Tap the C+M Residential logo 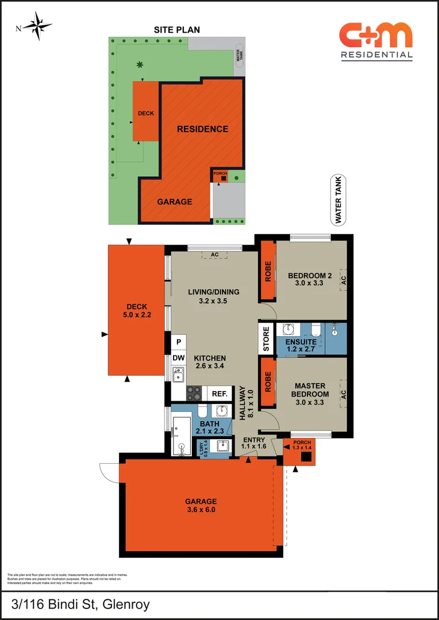coord(376,41)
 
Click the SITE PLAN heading coord(177,30)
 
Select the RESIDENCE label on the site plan coord(202,129)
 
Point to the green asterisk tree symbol coord(139,65)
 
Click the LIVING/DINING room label coord(214,296)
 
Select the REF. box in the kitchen coord(219,394)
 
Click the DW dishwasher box coord(179,358)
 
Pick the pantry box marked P coord(179,342)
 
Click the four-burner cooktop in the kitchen coord(194,393)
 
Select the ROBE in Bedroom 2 coord(268,271)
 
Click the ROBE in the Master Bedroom coord(268,383)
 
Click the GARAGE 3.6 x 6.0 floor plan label coord(201,505)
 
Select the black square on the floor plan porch coord(306,457)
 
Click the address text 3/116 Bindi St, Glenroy coord(80,605)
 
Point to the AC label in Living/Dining coord(214,254)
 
